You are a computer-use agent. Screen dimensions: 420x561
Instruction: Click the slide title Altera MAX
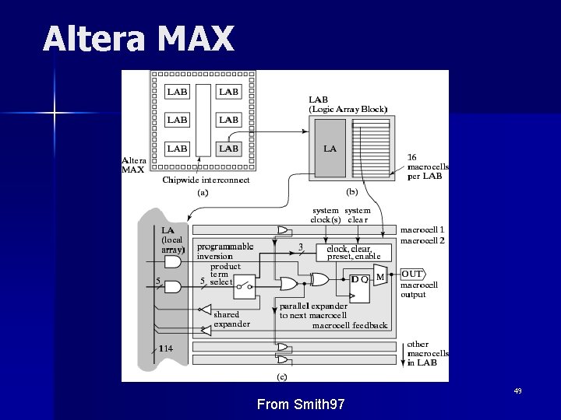(138, 39)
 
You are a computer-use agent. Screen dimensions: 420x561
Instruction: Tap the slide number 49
(517, 390)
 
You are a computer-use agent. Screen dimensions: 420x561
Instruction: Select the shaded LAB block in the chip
(229, 148)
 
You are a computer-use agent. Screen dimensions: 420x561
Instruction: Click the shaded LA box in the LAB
(330, 149)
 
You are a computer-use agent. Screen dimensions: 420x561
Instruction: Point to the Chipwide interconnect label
(206, 180)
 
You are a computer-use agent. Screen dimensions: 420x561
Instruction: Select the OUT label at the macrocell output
(412, 274)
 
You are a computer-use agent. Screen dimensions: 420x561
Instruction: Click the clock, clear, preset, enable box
(354, 252)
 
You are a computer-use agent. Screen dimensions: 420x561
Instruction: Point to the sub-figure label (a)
(203, 191)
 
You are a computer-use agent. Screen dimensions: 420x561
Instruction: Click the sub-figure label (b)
(352, 191)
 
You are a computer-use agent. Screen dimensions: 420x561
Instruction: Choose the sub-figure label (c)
(282, 377)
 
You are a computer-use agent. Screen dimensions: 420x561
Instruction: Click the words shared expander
(231, 319)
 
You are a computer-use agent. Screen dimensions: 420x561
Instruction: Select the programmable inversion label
(225, 251)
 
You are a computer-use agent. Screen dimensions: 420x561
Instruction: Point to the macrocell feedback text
(350, 325)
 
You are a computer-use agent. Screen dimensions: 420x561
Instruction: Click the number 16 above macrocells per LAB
(413, 157)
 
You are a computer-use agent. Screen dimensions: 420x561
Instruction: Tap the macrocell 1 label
(422, 229)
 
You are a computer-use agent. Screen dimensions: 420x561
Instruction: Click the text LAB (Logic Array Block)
(348, 104)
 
